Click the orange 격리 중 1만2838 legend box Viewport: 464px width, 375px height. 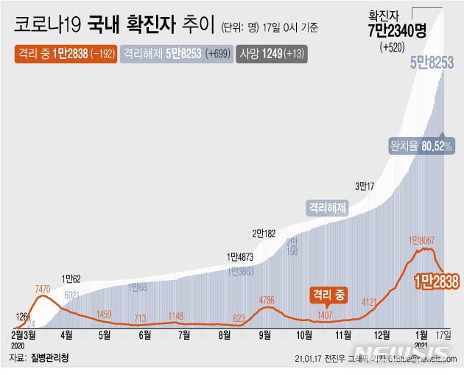[x=65, y=54]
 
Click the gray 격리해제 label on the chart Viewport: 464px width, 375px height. [x=327, y=208]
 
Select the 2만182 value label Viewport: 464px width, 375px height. [x=264, y=234]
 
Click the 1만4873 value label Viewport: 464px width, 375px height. [x=240, y=257]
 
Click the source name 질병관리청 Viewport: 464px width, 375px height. [x=50, y=358]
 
